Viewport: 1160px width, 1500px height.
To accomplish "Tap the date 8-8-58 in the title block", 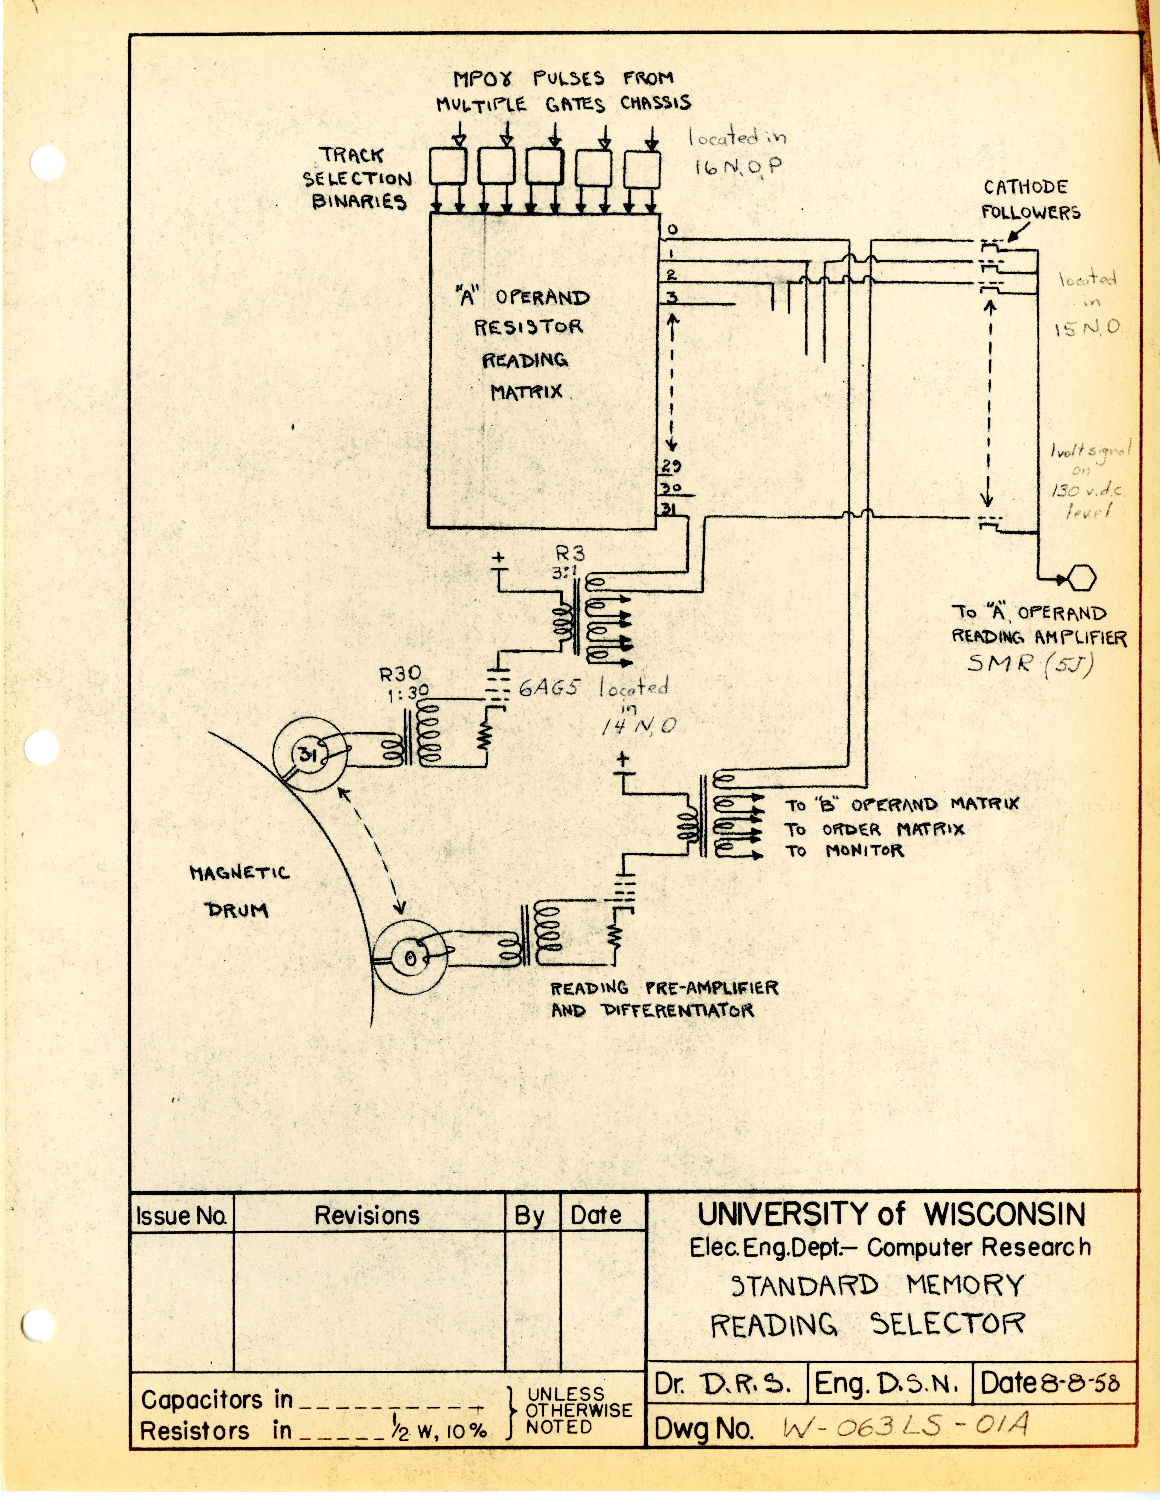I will [x=1080, y=1383].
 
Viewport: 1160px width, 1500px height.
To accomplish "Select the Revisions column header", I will [x=367, y=1216].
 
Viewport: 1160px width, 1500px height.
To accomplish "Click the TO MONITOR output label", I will [x=845, y=851].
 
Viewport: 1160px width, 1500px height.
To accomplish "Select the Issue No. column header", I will [x=182, y=1216].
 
